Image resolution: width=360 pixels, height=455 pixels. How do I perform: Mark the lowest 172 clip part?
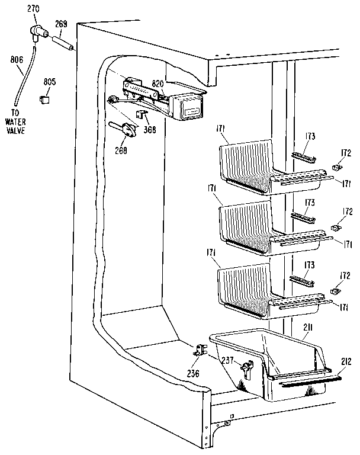335,292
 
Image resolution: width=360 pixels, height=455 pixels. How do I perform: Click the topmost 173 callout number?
309,136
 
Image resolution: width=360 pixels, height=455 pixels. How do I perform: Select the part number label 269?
61,24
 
